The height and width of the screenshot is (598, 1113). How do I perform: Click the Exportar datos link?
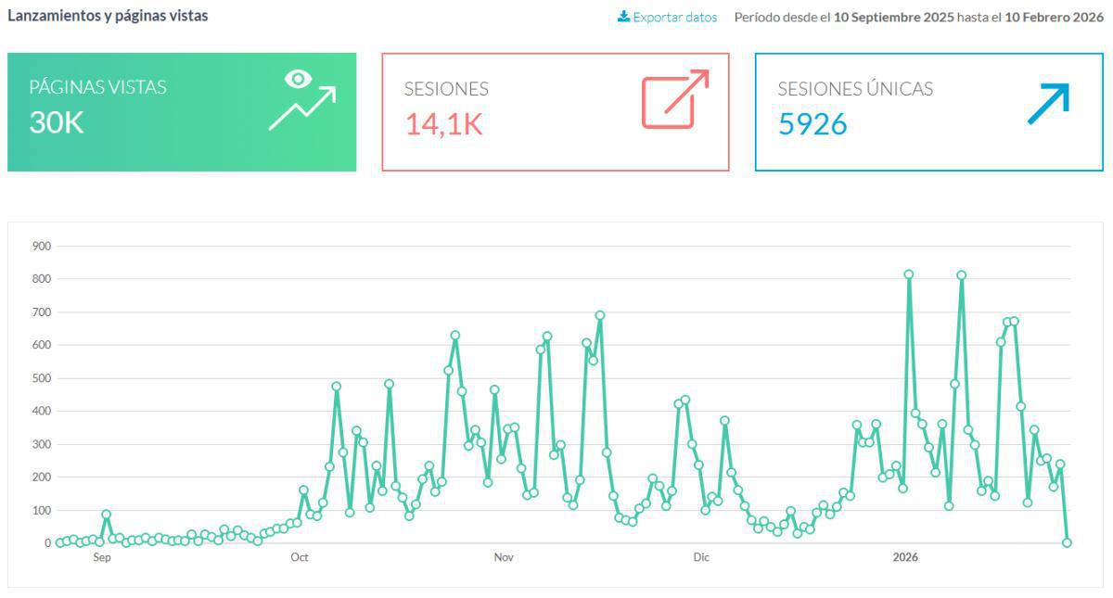(674, 17)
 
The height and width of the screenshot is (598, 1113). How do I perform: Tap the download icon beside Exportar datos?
(624, 16)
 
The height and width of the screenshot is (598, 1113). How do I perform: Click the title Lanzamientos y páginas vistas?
(108, 16)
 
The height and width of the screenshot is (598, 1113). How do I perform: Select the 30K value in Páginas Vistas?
(57, 122)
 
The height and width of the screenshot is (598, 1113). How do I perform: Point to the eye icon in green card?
(298, 79)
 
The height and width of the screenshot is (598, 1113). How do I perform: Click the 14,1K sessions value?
(443, 123)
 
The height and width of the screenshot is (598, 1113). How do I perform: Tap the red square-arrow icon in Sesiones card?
(675, 98)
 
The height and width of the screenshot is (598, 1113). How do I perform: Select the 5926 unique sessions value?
(812, 123)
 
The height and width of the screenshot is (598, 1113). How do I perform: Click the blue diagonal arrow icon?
(1048, 103)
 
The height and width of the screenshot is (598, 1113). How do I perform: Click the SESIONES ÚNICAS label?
(855, 89)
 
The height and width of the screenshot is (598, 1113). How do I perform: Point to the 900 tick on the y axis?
(41, 247)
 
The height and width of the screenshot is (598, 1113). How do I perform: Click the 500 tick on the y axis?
(41, 378)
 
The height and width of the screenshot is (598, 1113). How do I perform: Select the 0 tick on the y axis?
(46, 543)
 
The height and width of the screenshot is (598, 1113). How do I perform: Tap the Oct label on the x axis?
(300, 557)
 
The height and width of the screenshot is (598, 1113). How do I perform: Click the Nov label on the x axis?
(503, 557)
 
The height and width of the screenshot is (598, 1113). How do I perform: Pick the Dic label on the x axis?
(701, 557)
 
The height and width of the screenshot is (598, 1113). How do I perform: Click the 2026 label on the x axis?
(904, 557)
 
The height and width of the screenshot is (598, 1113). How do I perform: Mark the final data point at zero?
(1067, 542)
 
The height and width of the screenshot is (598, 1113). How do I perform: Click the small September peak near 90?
(107, 514)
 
